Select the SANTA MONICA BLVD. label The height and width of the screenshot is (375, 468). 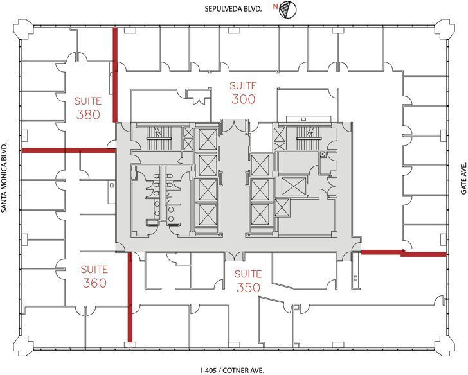coord(6,187)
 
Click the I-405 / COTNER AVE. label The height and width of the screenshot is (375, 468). coord(232,370)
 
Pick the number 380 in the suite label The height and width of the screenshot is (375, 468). coord(87,115)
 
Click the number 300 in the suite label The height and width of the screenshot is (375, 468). coord(243,100)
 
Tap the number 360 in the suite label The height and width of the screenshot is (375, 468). coord(94,283)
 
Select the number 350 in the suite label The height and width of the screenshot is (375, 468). coord(248,288)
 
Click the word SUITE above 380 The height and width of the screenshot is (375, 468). coord(87,101)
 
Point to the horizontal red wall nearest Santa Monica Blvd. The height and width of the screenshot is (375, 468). coord(68,150)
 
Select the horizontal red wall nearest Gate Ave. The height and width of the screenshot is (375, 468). coord(404,253)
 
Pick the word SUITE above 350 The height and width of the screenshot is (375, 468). coord(248,274)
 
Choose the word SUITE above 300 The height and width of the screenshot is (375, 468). coord(243,85)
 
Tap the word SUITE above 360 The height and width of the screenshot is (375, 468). coord(94,269)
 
